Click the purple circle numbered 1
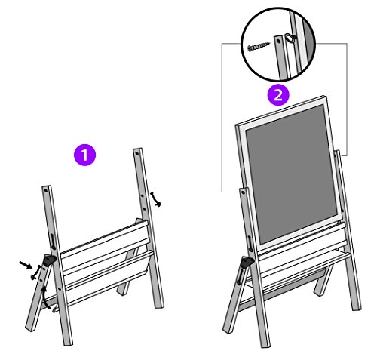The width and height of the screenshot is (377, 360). click(x=84, y=155)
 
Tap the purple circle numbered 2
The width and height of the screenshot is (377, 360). click(x=278, y=95)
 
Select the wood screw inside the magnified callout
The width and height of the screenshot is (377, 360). click(x=258, y=47)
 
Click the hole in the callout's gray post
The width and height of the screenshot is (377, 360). click(x=278, y=42)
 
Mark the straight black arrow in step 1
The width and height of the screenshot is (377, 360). click(x=26, y=264)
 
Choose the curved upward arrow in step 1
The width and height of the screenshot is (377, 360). click(x=44, y=297)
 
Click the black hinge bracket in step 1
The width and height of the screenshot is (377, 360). click(x=49, y=260)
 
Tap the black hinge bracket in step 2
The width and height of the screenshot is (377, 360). click(x=247, y=263)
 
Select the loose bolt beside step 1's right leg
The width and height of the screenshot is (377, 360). click(x=156, y=199)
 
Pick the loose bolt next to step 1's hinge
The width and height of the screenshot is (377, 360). click(x=36, y=272)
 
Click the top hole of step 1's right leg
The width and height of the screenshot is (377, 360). click(x=137, y=152)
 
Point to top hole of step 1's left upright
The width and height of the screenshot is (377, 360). click(x=46, y=190)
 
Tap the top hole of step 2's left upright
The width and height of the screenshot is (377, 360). click(x=243, y=192)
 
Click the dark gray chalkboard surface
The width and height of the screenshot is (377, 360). click(x=292, y=173)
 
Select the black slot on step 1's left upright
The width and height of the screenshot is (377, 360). click(x=53, y=242)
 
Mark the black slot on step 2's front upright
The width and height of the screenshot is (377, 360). click(x=250, y=244)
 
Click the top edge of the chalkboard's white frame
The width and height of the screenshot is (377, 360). click(x=280, y=110)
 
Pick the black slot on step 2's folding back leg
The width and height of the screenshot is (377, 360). click(x=240, y=276)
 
